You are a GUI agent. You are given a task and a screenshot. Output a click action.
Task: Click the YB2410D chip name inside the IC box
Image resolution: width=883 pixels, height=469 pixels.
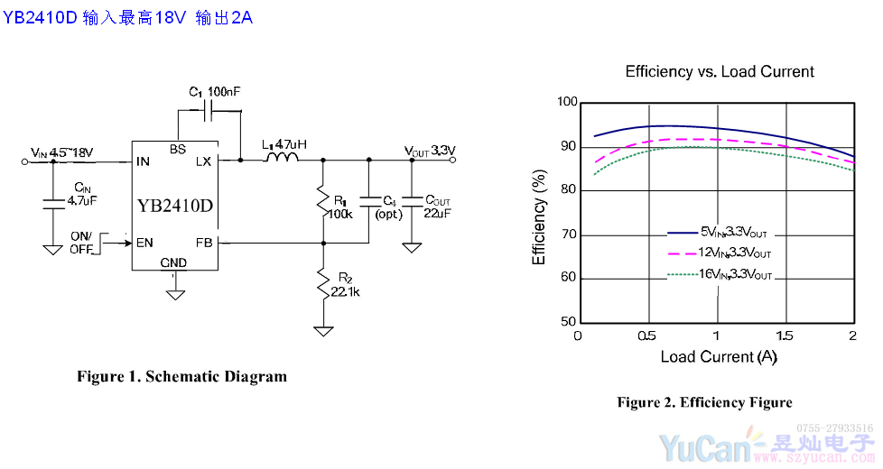[175, 205]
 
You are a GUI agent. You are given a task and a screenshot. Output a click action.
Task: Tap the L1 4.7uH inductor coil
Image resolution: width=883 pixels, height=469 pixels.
[281, 159]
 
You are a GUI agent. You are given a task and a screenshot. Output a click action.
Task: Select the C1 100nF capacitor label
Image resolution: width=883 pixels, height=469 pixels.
[215, 92]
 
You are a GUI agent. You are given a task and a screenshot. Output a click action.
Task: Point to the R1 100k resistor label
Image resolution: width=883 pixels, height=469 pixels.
[340, 207]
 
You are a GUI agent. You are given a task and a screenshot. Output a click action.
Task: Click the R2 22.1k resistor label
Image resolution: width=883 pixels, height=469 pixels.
[345, 285]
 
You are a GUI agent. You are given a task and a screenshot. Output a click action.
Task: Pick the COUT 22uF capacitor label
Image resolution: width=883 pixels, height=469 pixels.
[438, 205]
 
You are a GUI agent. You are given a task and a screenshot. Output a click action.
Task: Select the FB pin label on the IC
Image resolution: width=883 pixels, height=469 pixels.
[203, 242]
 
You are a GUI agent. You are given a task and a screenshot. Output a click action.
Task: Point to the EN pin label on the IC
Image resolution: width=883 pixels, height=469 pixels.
[144, 242]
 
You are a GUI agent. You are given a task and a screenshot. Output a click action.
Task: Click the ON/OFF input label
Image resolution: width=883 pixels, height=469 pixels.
[82, 242]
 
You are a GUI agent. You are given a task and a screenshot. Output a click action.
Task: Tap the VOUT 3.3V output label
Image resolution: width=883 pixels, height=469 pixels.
[430, 151]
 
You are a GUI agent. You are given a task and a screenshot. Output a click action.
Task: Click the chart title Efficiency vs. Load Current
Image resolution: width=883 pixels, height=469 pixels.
[720, 72]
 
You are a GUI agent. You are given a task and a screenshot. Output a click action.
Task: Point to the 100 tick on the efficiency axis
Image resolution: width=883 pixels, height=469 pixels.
[566, 102]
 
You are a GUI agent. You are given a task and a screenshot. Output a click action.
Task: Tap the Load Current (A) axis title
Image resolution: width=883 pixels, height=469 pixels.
[719, 356]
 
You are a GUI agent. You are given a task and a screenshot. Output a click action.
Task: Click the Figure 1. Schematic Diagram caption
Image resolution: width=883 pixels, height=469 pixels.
[181, 376]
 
